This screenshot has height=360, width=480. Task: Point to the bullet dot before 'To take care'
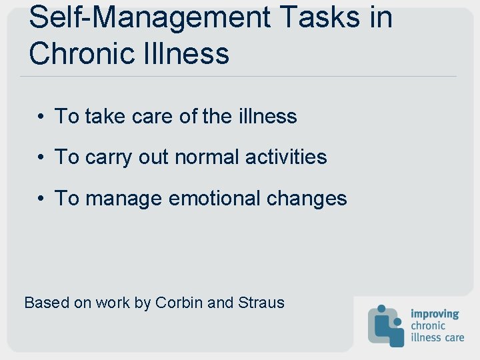click(x=41, y=117)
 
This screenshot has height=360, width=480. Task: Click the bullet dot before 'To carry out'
click(x=41, y=157)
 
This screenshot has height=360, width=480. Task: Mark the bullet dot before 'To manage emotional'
click(x=41, y=199)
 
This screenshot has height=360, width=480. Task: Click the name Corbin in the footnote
click(x=179, y=303)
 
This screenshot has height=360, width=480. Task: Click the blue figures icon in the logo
click(x=386, y=325)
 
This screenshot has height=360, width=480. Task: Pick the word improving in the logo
click(x=435, y=314)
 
